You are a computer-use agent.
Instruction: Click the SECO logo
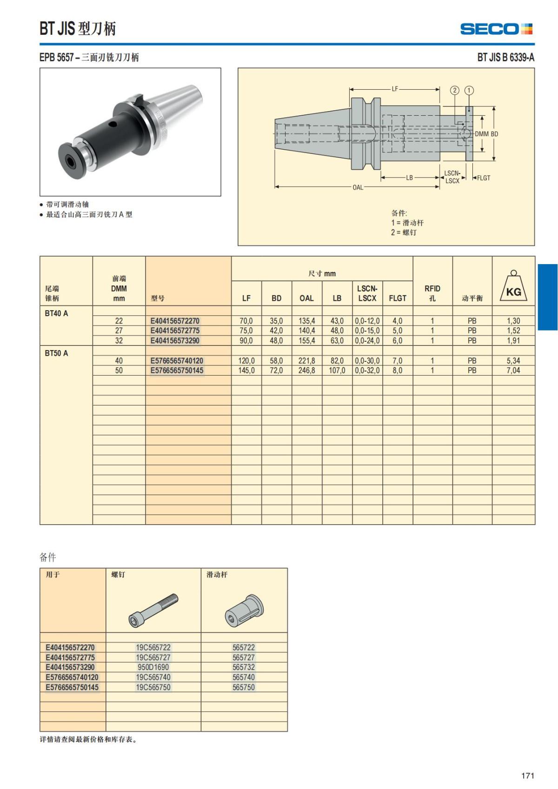pyautogui.click(x=496, y=29)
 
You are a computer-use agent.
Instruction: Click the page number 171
pyautogui.click(x=527, y=776)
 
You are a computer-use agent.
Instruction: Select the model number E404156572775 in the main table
pyautogui.click(x=175, y=331)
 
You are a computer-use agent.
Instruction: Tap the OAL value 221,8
pyautogui.click(x=306, y=361)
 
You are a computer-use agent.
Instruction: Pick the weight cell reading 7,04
pyautogui.click(x=513, y=371)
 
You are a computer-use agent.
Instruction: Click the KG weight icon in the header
pyautogui.click(x=513, y=287)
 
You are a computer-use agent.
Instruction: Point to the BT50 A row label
pyautogui.click(x=56, y=353)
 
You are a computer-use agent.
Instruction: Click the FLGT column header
pyautogui.click(x=398, y=298)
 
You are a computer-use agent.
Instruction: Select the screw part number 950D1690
pyautogui.click(x=153, y=667)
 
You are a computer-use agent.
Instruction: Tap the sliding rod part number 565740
pyautogui.click(x=244, y=677)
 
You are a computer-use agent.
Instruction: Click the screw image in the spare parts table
pyautogui.click(x=153, y=610)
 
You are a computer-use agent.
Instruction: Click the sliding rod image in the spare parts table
pyautogui.click(x=244, y=610)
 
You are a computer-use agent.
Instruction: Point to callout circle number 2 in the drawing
pyautogui.click(x=455, y=90)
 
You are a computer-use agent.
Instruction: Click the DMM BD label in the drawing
pyautogui.click(x=486, y=134)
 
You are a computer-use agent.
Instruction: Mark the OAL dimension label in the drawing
pyautogui.click(x=358, y=187)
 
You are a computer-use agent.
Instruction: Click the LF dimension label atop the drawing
pyautogui.click(x=395, y=89)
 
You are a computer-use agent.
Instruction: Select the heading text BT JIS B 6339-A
pyautogui.click(x=505, y=57)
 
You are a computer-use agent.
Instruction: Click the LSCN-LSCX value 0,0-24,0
pyautogui.click(x=367, y=341)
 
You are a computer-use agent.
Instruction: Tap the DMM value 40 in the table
pyautogui.click(x=119, y=361)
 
